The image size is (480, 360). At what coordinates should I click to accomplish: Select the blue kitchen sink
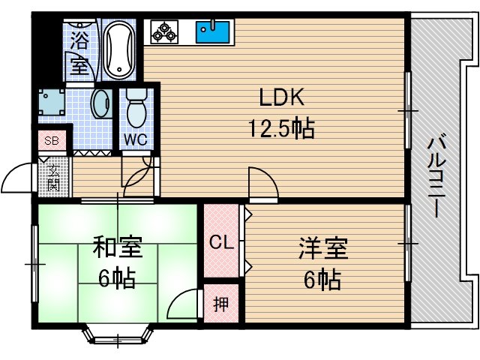pyautogui.click(x=213, y=32)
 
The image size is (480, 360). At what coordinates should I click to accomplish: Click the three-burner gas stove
pyautogui.click(x=164, y=32)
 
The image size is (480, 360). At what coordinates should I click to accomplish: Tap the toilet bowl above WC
pyautogui.click(x=136, y=109)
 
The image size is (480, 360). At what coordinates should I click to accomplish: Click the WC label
pyautogui.click(x=135, y=139)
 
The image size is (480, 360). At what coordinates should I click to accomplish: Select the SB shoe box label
pyautogui.click(x=51, y=140)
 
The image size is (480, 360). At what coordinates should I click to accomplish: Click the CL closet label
pyautogui.click(x=221, y=241)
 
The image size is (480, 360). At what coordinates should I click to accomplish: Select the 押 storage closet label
pyautogui.click(x=220, y=304)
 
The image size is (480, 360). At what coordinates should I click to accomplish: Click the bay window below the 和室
pyautogui.click(x=118, y=334)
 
